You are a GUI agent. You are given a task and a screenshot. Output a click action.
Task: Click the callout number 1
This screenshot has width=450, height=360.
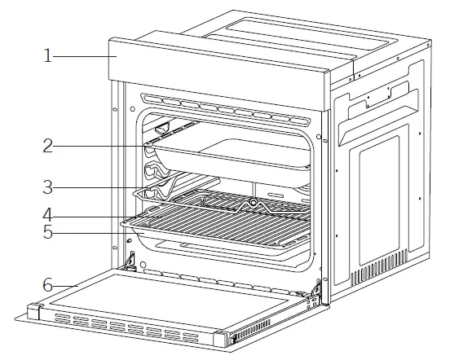pos(49,55)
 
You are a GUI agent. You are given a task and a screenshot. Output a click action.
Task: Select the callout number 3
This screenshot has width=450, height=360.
pos(49,187)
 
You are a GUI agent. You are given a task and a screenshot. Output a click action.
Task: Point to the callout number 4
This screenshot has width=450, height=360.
pos(49,217)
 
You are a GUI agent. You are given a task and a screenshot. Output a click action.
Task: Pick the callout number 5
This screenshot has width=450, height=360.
pos(49,233)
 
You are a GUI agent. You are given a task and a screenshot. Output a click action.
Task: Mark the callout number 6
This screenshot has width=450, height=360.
pos(49,286)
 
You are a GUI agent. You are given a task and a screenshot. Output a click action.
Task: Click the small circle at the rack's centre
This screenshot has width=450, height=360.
pos(254,200)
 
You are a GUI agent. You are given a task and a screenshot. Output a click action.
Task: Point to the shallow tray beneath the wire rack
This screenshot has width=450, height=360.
pos(220,245)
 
